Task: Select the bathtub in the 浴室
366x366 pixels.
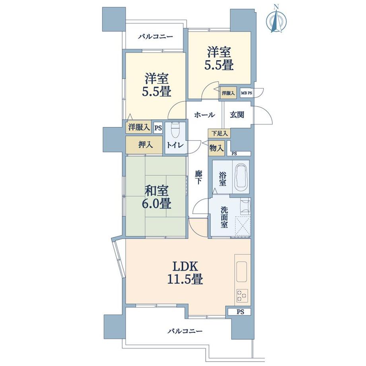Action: click(x=241, y=177)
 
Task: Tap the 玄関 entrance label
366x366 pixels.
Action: click(x=237, y=115)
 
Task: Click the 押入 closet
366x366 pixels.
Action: click(x=145, y=145)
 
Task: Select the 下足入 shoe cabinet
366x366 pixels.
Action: click(x=218, y=134)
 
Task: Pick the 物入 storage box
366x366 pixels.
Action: click(x=216, y=148)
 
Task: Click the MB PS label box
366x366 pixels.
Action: click(x=246, y=93)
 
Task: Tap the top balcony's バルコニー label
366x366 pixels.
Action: click(x=155, y=37)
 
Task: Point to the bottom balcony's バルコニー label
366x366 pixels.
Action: click(x=185, y=331)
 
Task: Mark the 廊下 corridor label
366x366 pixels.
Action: click(x=199, y=177)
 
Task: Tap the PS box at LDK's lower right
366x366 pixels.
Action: click(x=239, y=311)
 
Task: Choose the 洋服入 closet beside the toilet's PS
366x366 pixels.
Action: click(x=139, y=127)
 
